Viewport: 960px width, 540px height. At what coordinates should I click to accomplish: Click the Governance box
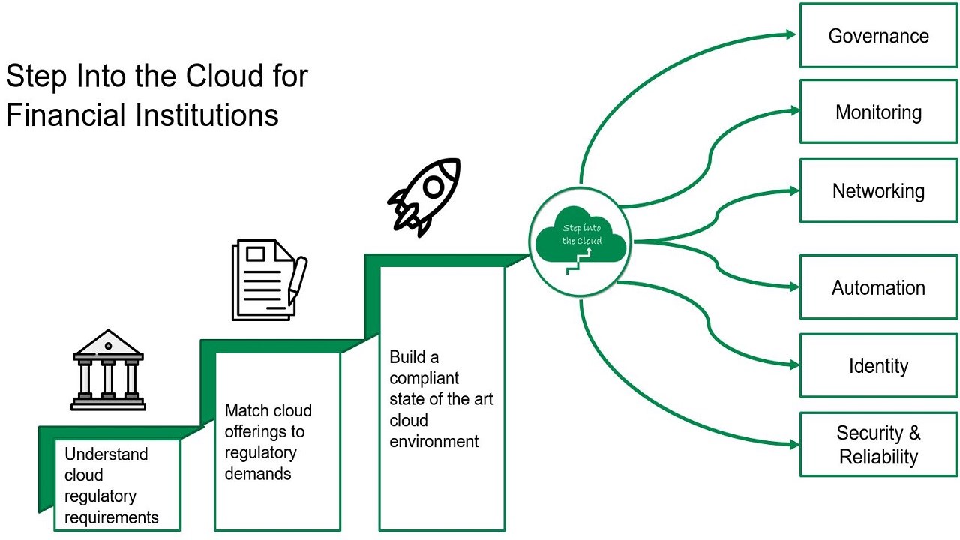[878, 36]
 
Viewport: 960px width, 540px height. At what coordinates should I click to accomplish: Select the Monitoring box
[878, 112]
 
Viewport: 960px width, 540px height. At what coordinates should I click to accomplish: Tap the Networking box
[878, 190]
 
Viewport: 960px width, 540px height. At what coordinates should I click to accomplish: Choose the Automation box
[878, 287]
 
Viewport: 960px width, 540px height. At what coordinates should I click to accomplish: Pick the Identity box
[878, 366]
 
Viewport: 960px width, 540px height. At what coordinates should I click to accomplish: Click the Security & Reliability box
[878, 444]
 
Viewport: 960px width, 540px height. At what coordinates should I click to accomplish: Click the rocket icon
[424, 196]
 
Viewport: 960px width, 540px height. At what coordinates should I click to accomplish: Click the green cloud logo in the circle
[579, 236]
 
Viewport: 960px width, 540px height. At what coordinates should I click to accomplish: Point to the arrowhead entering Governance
[790, 34]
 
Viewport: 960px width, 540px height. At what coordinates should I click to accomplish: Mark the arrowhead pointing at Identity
[794, 365]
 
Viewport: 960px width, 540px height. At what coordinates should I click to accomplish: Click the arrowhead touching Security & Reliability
[794, 444]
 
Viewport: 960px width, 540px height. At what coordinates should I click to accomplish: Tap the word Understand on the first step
[106, 454]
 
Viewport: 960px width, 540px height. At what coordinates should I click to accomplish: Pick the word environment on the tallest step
[433, 441]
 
